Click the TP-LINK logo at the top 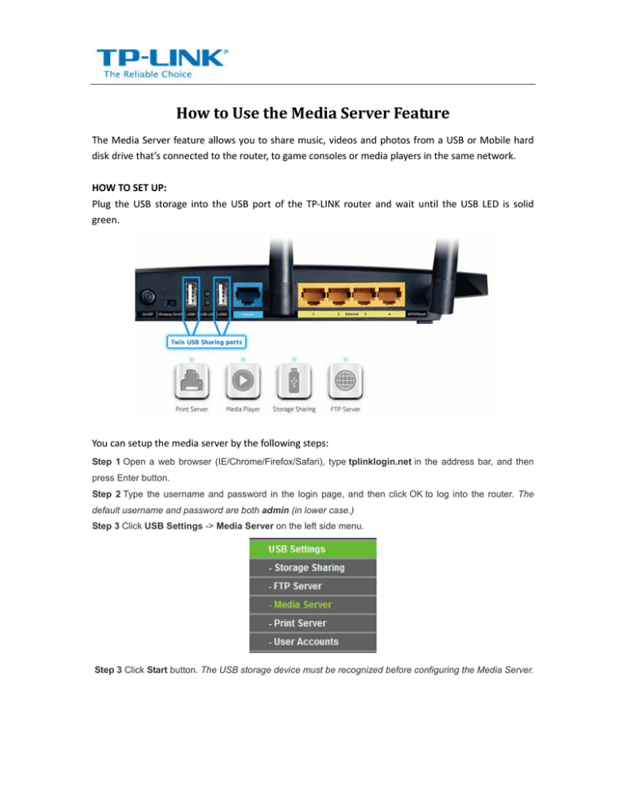pos(162,62)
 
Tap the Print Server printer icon pos(192,383)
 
